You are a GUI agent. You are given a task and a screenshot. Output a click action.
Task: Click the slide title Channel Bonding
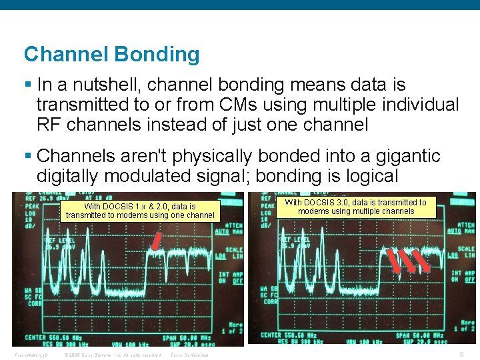pyautogui.click(x=111, y=54)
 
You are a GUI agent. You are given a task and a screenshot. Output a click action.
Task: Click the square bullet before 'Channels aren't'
pyautogui.click(x=28, y=156)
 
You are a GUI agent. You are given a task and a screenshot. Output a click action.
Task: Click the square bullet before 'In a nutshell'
pyautogui.click(x=28, y=85)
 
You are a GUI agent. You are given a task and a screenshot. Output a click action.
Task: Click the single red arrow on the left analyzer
pyautogui.click(x=157, y=242)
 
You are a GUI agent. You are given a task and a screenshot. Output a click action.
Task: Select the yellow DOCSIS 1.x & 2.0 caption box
pyautogui.click(x=140, y=211)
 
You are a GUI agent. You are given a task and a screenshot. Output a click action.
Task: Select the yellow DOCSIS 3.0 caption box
pyautogui.click(x=356, y=207)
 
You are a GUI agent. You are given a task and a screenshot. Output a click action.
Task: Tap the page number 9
pyautogui.click(x=462, y=355)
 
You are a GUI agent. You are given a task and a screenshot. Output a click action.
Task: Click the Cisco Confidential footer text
pyautogui.click(x=189, y=355)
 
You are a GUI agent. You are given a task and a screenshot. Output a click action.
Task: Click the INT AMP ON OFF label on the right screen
pyautogui.click(x=465, y=277)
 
